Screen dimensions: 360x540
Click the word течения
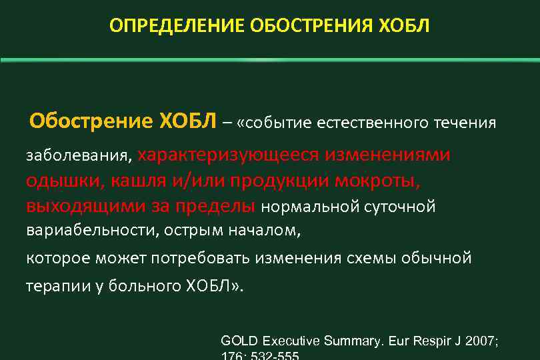[465, 124]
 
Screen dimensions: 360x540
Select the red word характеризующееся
[229, 155]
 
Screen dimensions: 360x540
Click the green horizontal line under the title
[270, 60]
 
